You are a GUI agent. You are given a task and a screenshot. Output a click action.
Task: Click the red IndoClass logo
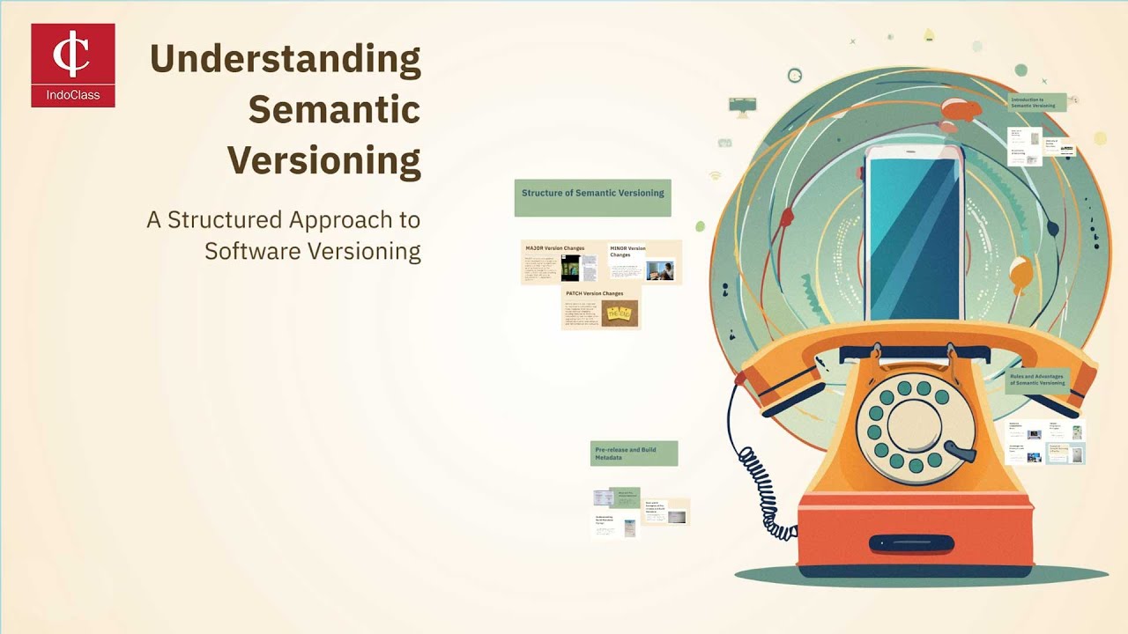pyautogui.click(x=72, y=65)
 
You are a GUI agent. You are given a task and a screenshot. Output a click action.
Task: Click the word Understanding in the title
pyautogui.click(x=285, y=59)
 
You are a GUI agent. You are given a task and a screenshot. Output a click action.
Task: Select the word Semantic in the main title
pyautogui.click(x=333, y=110)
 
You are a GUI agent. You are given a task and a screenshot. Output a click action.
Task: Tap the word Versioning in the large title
pyautogui.click(x=323, y=160)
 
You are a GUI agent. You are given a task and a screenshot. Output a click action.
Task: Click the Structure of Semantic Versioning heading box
pyautogui.click(x=592, y=197)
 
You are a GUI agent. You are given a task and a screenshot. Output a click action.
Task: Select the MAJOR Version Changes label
pyautogui.click(x=554, y=248)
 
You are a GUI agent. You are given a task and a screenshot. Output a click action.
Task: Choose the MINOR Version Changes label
pyautogui.click(x=627, y=251)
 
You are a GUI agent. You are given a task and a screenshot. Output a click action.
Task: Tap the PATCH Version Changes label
pyautogui.click(x=594, y=293)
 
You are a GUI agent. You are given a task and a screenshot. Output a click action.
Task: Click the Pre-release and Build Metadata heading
pyautogui.click(x=634, y=453)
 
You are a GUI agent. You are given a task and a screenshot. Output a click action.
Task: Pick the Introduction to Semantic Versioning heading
pyautogui.click(x=1037, y=102)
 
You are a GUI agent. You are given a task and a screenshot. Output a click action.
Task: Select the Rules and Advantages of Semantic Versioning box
pyautogui.click(x=1037, y=380)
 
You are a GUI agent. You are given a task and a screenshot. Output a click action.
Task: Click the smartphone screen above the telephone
pyautogui.click(x=913, y=238)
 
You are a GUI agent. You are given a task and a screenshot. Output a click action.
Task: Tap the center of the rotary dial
pyautogui.click(x=916, y=427)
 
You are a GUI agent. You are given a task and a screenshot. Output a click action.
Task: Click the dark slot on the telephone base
pyautogui.click(x=912, y=543)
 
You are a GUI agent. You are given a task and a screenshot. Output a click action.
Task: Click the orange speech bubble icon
pyautogui.click(x=961, y=109)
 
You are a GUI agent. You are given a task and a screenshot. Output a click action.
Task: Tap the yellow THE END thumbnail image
pyautogui.click(x=619, y=313)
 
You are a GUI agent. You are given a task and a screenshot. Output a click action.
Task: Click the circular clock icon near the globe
pyautogui.click(x=795, y=76)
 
